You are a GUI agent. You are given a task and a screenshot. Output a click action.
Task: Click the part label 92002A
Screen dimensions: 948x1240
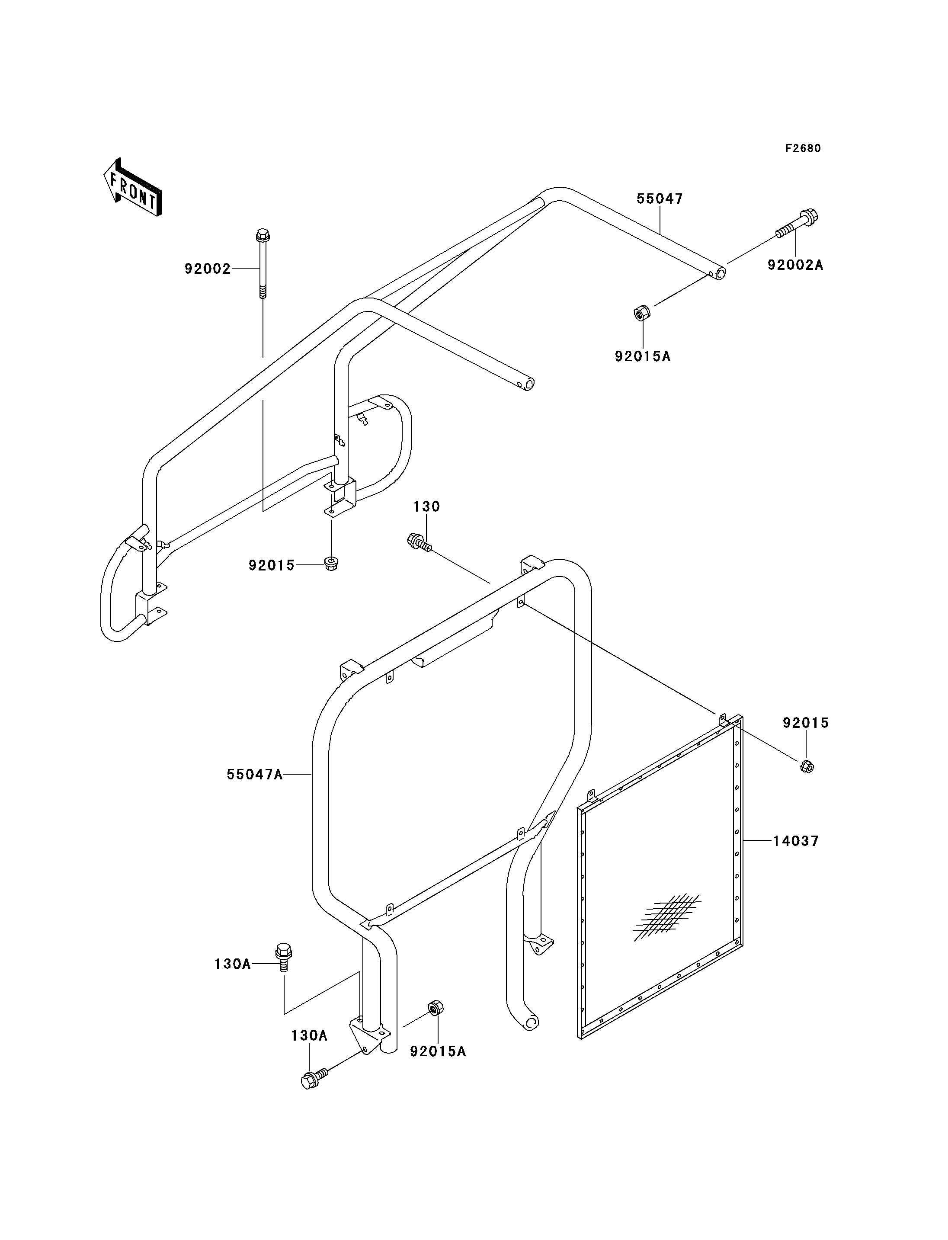coord(795,265)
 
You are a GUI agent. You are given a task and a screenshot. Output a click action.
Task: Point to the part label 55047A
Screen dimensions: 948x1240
coord(254,775)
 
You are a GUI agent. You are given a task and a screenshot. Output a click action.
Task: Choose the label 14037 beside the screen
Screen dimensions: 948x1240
coord(796,857)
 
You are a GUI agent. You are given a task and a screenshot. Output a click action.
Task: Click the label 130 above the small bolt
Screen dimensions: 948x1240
coord(426,507)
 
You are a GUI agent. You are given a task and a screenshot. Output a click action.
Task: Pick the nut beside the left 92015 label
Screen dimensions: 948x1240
coord(331,563)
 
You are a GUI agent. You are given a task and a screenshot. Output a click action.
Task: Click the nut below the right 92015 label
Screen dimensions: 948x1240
coord(807,766)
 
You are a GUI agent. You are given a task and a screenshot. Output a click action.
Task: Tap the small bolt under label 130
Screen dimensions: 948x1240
coord(419,542)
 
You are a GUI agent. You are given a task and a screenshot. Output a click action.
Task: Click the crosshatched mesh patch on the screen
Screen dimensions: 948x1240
coord(667,917)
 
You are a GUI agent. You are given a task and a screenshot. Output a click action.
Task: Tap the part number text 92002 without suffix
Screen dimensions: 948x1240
coord(208,269)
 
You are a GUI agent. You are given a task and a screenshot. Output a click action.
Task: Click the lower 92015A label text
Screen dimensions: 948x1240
coord(438,1051)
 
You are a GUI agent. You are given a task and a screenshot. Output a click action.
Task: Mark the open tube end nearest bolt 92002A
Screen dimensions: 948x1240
coord(718,274)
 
